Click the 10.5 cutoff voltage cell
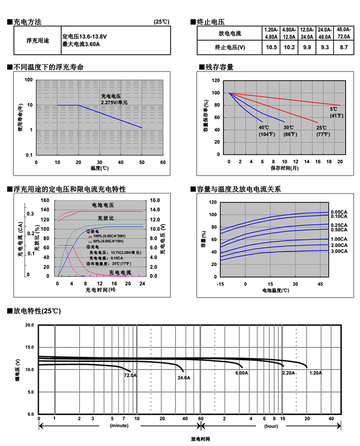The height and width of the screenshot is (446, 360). click(x=271, y=47)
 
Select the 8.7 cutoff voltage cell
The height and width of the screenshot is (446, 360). click(x=343, y=47)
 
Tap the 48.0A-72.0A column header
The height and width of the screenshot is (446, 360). click(x=343, y=33)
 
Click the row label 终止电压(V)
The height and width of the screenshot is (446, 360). click(x=230, y=47)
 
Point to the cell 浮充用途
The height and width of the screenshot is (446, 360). click(x=38, y=40)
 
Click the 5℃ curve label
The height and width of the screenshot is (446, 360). click(x=333, y=109)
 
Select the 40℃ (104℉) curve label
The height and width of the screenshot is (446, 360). click(x=264, y=131)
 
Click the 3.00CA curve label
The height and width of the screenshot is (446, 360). click(x=338, y=251)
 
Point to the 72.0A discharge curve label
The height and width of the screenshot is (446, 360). click(x=130, y=376)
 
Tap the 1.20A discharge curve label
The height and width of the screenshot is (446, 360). click(x=315, y=372)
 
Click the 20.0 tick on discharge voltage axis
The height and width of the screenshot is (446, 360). click(x=30, y=324)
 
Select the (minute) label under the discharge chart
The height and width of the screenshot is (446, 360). click(x=119, y=426)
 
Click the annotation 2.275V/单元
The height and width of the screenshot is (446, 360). click(x=114, y=103)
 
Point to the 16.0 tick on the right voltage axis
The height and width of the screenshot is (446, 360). click(x=155, y=199)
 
